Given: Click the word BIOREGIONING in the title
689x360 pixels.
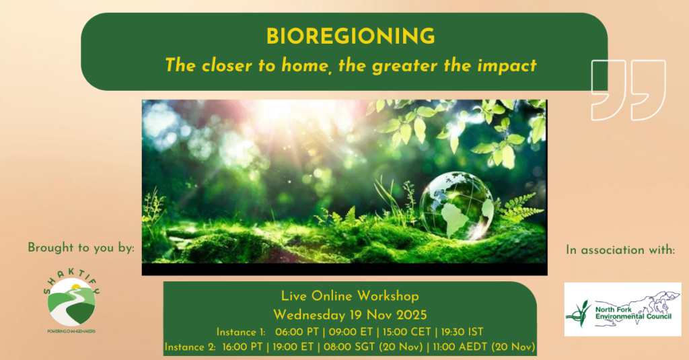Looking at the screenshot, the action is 350,36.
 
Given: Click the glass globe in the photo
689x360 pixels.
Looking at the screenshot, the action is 457,206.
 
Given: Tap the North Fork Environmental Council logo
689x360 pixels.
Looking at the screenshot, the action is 622,309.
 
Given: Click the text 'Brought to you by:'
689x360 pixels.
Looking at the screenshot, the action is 81,248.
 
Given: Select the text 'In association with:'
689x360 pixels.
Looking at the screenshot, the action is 620,250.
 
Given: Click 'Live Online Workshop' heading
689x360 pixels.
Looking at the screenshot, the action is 350,296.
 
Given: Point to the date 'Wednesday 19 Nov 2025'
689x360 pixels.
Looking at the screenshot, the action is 350,315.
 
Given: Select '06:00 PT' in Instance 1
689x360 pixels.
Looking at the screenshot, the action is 297,332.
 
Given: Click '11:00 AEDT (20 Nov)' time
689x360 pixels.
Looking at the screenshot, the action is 484,347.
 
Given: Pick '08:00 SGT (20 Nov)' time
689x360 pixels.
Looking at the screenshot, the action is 373,347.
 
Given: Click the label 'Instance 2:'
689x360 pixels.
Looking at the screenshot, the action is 190,347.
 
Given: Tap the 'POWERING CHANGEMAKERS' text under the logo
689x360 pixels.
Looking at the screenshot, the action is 71,331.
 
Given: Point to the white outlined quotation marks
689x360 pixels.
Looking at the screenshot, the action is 628,90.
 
